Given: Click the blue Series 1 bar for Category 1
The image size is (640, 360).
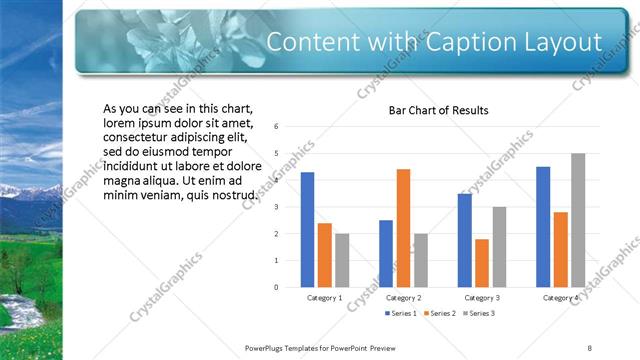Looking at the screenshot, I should pos(307,230).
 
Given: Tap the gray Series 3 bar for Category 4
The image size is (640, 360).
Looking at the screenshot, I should pos(578,220).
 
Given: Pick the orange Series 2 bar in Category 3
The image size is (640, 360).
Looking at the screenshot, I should pos(482,263).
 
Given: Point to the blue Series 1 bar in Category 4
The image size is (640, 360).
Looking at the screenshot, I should pos(543,227).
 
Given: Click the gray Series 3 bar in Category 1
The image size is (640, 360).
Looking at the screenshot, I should pos(342,260).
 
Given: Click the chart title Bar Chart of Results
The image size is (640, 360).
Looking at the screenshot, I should pos(438,110).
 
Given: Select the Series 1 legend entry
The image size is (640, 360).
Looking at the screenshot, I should pos(402,314).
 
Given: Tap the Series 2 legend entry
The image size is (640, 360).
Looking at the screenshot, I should pos(439,314).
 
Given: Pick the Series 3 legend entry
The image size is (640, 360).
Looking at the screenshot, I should pos(476,314).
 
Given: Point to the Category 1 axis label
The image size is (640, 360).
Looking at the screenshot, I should pos(324,298).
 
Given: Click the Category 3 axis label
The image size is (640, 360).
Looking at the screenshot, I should pos(482,298).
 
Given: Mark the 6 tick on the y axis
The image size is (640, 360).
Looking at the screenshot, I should pos(275,127).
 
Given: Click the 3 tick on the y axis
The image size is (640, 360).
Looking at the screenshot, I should pos(275,207).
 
